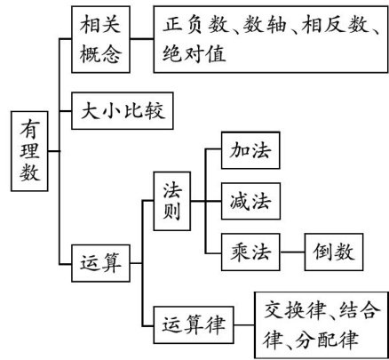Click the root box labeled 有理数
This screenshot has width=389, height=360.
point(29,151)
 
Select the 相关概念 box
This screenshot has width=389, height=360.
point(100,39)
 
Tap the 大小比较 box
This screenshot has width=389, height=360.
point(123,111)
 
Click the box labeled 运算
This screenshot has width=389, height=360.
point(100,263)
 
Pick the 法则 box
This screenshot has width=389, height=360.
point(172,201)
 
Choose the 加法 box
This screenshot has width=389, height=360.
point(250,150)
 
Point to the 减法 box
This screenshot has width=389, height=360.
point(250,201)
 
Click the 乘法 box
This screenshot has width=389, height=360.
point(250,252)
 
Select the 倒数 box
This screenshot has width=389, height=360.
point(334,252)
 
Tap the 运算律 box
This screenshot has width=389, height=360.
point(194,325)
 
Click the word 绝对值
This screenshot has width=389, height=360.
point(194,53)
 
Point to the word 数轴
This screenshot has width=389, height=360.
point(265,24)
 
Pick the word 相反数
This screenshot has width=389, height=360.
point(335,24)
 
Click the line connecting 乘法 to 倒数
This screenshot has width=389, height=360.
point(292,252)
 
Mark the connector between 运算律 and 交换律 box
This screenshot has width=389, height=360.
point(244,325)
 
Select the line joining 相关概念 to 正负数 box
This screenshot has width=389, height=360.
point(142,38)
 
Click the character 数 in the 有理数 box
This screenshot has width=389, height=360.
point(29,172)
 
